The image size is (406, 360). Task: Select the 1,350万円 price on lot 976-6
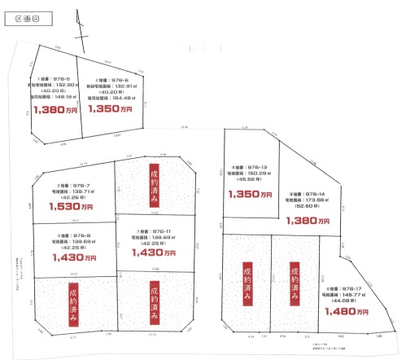tap(110, 108)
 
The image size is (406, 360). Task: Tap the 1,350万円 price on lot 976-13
tap(250, 194)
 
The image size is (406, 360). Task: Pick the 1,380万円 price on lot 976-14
tap(313, 220)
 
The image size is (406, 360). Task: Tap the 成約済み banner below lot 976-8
tap(74, 296)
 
